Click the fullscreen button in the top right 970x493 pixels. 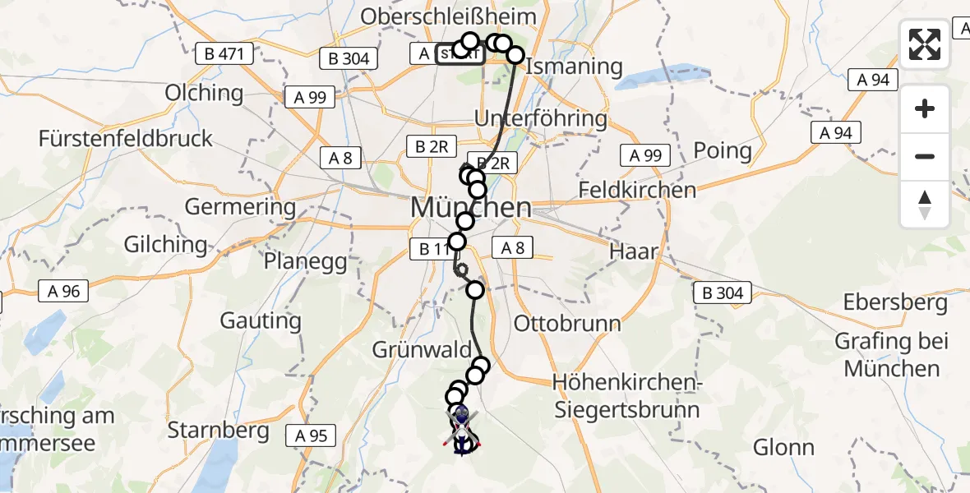(925, 44)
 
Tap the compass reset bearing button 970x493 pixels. (925, 205)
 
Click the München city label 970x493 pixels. (470, 208)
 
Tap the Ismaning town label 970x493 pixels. (574, 66)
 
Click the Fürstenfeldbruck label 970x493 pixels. (126, 138)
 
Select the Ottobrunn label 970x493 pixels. (567, 323)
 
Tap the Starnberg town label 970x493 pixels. (218, 429)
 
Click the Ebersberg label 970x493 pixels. (895, 302)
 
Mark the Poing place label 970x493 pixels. (723, 151)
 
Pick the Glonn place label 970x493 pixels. (786, 448)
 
